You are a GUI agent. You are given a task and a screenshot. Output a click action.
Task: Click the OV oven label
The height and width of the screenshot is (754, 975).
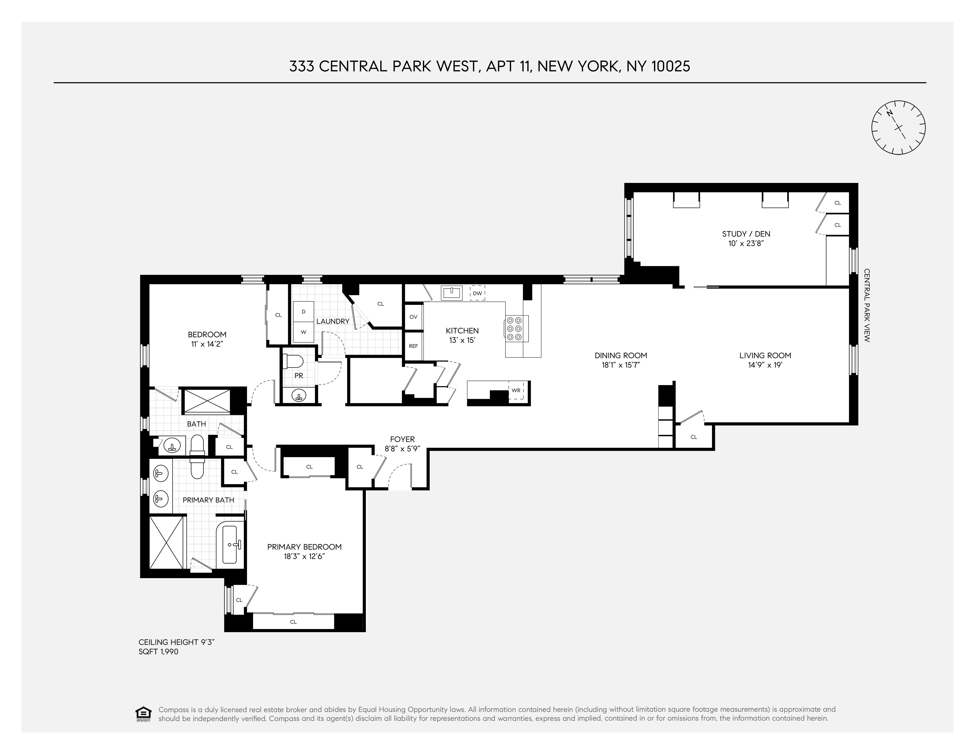413,317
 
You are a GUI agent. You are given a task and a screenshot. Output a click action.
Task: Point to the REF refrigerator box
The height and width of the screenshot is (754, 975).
413,346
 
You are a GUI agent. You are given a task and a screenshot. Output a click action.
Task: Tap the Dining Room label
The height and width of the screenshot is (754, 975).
620,356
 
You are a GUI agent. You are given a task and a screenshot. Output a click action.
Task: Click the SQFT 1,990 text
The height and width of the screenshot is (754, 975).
159,652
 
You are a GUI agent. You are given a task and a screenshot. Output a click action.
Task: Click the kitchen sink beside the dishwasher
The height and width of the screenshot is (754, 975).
451,293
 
